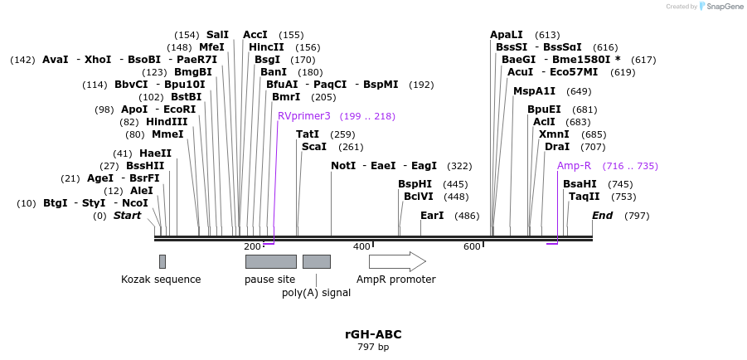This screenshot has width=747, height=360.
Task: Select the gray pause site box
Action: pos(270,262)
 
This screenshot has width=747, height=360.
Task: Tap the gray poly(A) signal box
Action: pos(316,262)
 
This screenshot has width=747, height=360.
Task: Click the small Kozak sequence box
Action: pos(162,262)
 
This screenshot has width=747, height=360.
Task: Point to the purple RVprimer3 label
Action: pos(304,116)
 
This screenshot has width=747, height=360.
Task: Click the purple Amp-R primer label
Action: pos(574,166)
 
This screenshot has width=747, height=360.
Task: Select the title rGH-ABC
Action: pos(373,334)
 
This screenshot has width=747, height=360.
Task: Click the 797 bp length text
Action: pos(373,348)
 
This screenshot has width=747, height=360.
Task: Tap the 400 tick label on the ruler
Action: pos(361,247)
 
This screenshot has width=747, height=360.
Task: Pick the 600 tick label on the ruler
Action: pos(472,247)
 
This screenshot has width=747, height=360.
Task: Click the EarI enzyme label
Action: pos(432,216)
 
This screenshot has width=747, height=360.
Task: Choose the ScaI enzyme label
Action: pos(314,147)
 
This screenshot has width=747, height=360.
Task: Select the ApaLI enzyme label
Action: pos(507,35)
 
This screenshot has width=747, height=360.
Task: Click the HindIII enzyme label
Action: pos(166,122)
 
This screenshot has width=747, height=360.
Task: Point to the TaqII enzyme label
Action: pos(584,197)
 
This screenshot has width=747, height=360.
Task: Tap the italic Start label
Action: pos(127,216)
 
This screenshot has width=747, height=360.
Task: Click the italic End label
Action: pos(602,216)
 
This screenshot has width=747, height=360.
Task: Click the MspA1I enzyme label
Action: pos(534,91)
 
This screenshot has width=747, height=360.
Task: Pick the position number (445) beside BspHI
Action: pos(455,184)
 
